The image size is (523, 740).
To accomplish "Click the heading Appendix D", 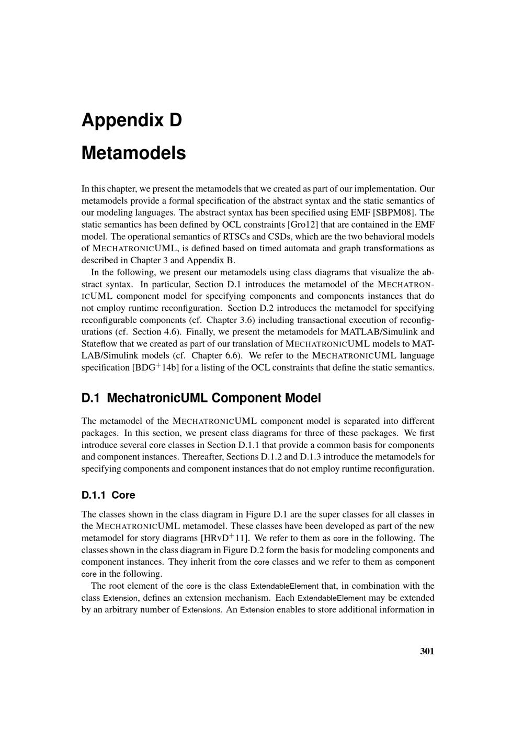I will point(132,120).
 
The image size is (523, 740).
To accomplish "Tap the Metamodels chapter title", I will point(133,153).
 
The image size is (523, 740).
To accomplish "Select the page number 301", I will point(427,651).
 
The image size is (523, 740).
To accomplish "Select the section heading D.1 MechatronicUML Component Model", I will point(201,398).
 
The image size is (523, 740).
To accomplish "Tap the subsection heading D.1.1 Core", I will point(108,495).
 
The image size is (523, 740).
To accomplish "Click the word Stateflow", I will point(98,344).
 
